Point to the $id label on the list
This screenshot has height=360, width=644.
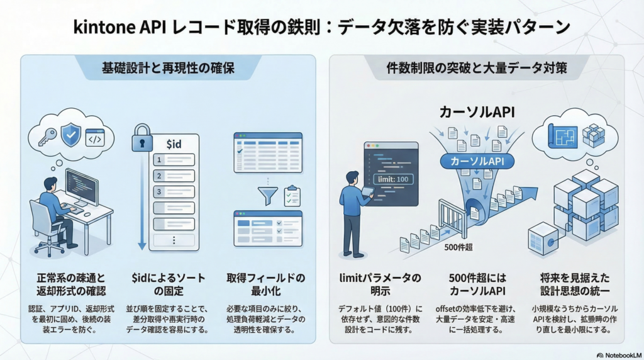pos(174,145)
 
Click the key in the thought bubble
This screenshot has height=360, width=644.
pos(47,137)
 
